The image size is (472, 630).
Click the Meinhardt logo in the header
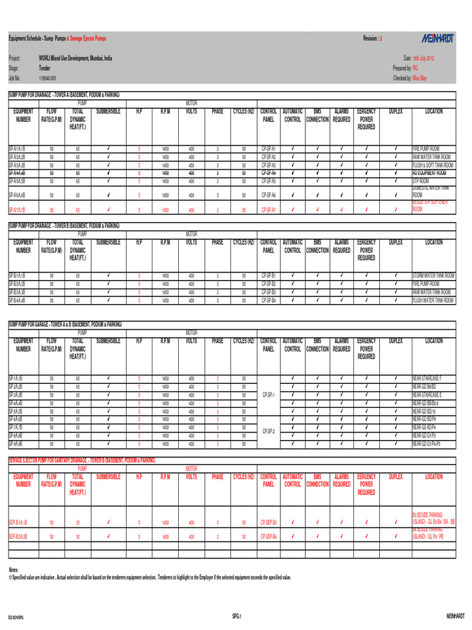coord(430,38)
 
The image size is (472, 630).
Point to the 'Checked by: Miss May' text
coord(410,79)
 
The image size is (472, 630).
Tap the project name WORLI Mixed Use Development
coord(76,57)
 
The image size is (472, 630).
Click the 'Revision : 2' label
coord(372,38)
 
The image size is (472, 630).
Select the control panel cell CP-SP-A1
coord(269,149)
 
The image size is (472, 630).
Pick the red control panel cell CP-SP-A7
coord(269,210)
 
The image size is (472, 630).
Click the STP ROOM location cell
coord(422,181)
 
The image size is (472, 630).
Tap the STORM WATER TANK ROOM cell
coord(433,276)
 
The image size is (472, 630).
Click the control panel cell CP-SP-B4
coord(269,301)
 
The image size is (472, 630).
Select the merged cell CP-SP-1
coord(269,395)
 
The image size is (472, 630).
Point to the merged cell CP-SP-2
coord(269,431)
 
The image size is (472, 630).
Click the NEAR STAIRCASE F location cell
coord(427,378)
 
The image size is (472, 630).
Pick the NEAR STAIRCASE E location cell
coord(427,395)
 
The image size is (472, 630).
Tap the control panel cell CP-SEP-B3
coord(269,522)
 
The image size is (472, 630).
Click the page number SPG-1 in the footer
coord(237,616)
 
